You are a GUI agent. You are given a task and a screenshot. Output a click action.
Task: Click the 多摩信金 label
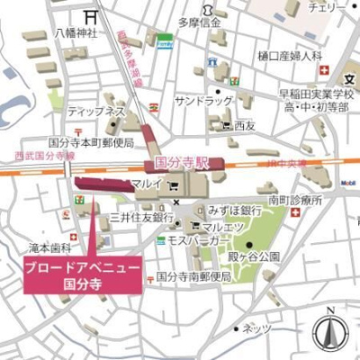pos(200,22)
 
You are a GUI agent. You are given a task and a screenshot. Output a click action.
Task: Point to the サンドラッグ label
pos(204,101)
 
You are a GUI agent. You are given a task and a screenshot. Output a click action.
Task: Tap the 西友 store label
pos(244,127)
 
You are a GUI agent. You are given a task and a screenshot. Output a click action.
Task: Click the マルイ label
pos(147,184)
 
